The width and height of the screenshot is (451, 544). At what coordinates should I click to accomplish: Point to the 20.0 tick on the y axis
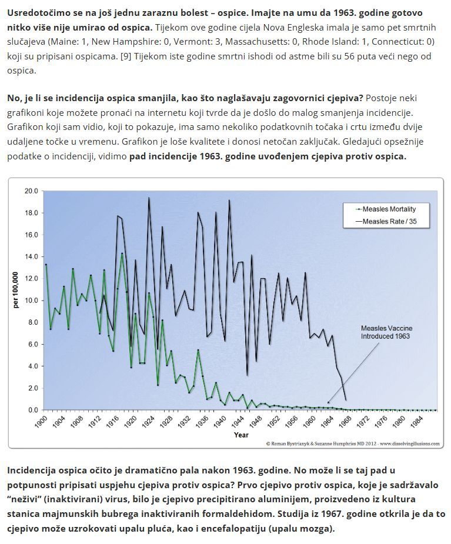coord(32,191)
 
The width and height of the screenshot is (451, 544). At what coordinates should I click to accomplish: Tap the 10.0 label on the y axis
coord(32,301)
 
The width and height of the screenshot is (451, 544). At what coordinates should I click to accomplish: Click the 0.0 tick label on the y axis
coord(33,410)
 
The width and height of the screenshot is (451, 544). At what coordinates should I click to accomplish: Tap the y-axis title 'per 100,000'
coord(16,289)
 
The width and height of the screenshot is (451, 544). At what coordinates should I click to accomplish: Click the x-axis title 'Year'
coord(241,435)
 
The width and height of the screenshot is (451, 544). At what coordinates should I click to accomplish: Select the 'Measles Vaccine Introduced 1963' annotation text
coord(385,332)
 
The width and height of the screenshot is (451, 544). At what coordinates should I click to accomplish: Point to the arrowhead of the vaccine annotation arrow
coord(328,402)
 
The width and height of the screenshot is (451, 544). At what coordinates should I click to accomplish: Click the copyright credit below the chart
coord(352,444)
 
